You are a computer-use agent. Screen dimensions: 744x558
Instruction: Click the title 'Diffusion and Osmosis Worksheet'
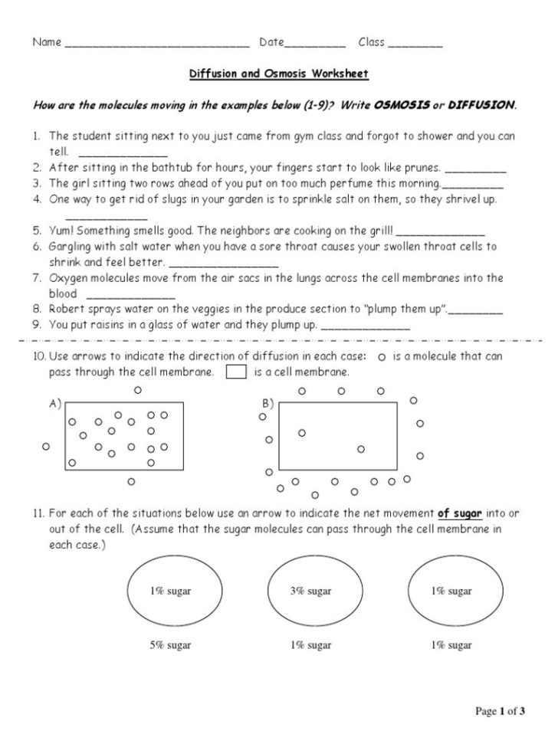pos(279,74)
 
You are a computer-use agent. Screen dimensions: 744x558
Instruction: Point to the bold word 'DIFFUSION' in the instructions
pos(481,104)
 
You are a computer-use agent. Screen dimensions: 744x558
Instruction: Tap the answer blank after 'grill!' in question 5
pos(441,231)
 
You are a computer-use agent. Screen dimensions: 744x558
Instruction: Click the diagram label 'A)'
pos(54,403)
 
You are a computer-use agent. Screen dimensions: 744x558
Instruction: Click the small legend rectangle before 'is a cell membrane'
pos(236,372)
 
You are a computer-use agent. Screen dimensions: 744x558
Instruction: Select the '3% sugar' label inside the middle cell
pos(310,591)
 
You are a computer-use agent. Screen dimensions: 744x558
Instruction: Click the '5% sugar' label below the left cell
pos(170,645)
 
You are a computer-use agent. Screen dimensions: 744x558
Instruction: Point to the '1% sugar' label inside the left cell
pos(170,591)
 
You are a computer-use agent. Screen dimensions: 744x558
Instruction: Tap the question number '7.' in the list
pos(37,278)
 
